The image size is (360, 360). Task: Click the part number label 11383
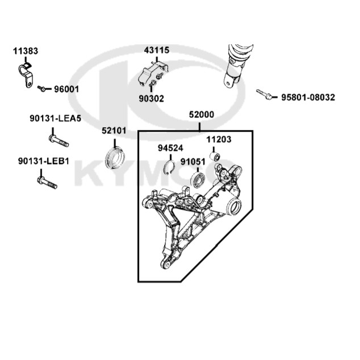pos(26,51)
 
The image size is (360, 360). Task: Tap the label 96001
pos(66,89)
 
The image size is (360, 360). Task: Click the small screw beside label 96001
pos(41,89)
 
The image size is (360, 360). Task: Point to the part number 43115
pos(157,50)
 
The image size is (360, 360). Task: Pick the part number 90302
pos(151,98)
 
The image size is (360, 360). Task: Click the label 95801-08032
pos(308,97)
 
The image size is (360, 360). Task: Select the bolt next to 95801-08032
pos(264,94)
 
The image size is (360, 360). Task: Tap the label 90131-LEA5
pos(55,119)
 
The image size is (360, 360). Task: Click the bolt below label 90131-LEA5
pos(59,141)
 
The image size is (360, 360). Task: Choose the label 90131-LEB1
pos(44,161)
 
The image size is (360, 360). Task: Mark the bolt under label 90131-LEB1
pos(47,182)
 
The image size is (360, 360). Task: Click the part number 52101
pos(114,131)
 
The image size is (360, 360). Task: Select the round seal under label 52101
pos(115,157)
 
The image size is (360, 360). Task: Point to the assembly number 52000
pos(202,114)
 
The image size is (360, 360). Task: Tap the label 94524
pos(170,148)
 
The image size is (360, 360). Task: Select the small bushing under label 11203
pos(215,156)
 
